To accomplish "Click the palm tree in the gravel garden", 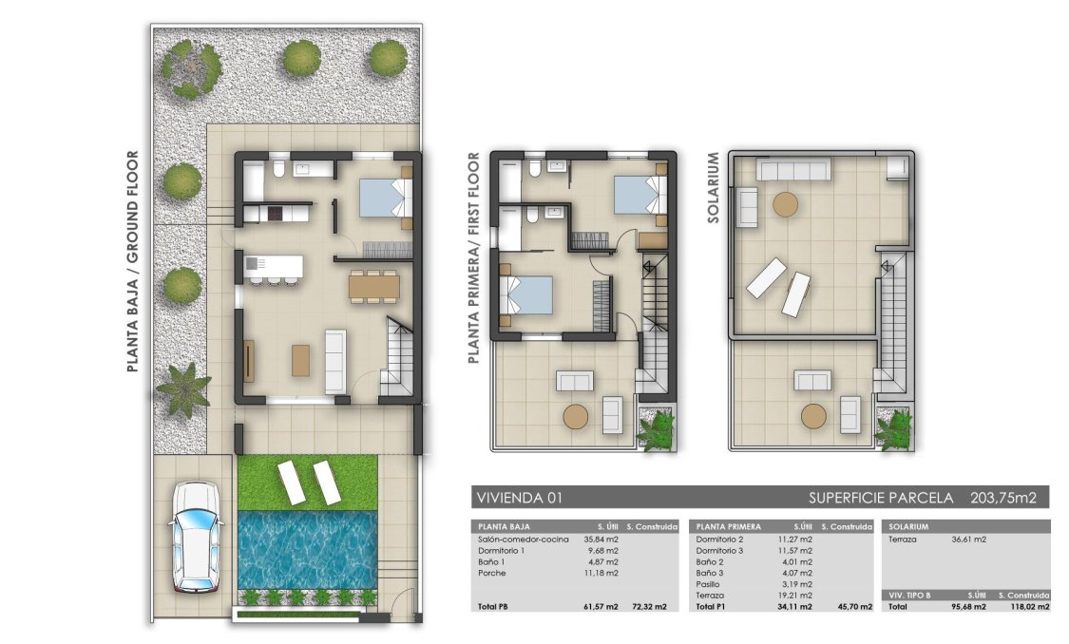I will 183,388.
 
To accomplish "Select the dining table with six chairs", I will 373,286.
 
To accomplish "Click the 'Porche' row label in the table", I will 493,573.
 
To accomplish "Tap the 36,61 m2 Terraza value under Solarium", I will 968,540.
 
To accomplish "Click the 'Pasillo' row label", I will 709,584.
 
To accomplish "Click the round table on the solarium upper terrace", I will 785,204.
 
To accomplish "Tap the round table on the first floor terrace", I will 576,416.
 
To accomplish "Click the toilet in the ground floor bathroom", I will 277,170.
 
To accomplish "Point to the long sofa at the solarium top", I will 793,169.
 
